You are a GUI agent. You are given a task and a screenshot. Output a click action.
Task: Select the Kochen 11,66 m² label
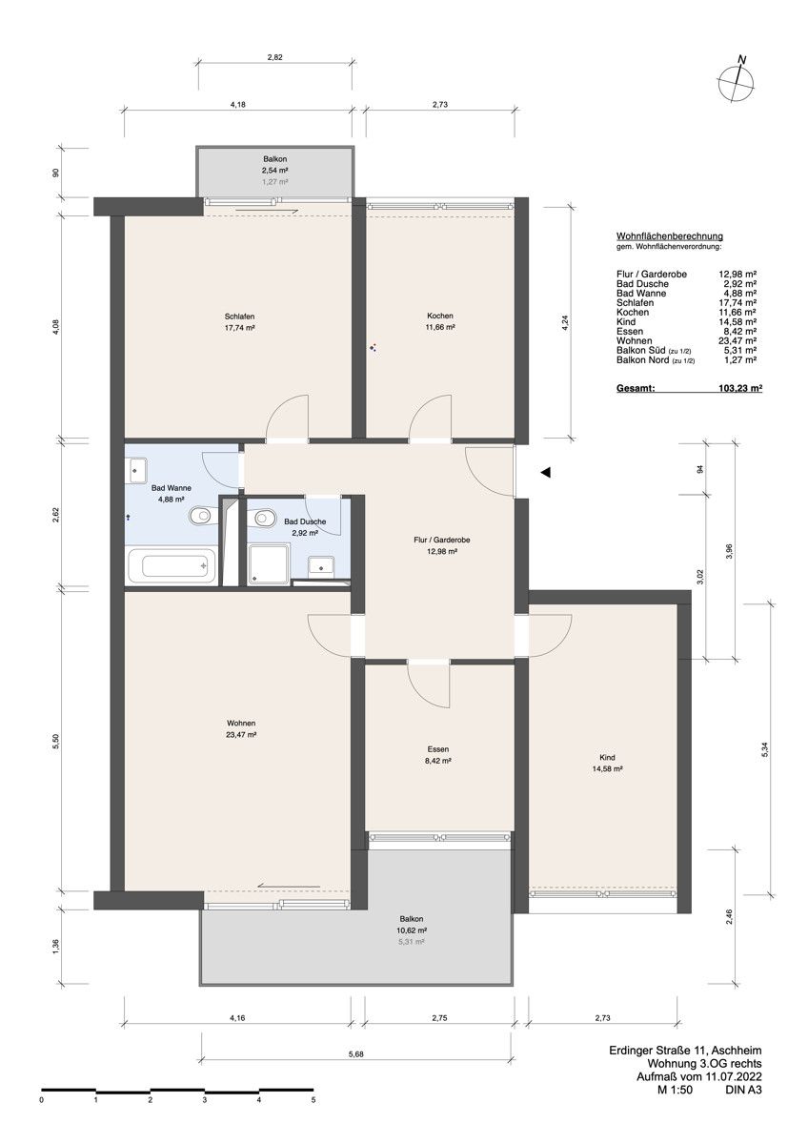click(x=439, y=321)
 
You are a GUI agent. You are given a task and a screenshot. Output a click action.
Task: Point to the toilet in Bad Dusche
click(x=262, y=520)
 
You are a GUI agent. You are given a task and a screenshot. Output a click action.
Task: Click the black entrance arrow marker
click(x=545, y=472)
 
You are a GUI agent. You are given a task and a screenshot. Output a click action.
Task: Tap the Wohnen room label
click(x=240, y=728)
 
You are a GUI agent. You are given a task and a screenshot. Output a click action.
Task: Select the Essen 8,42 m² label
click(x=438, y=755)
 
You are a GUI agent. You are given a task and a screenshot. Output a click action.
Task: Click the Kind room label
click(x=607, y=762)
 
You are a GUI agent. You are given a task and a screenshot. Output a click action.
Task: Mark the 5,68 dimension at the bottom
click(x=355, y=1053)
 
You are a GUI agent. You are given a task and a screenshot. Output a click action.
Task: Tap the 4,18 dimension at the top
click(x=238, y=104)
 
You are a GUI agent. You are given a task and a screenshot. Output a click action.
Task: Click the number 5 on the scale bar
click(x=313, y=1099)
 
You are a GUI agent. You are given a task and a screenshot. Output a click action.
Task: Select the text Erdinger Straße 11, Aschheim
click(x=685, y=1051)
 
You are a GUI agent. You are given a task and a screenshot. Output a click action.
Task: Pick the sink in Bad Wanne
click(x=139, y=468)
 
